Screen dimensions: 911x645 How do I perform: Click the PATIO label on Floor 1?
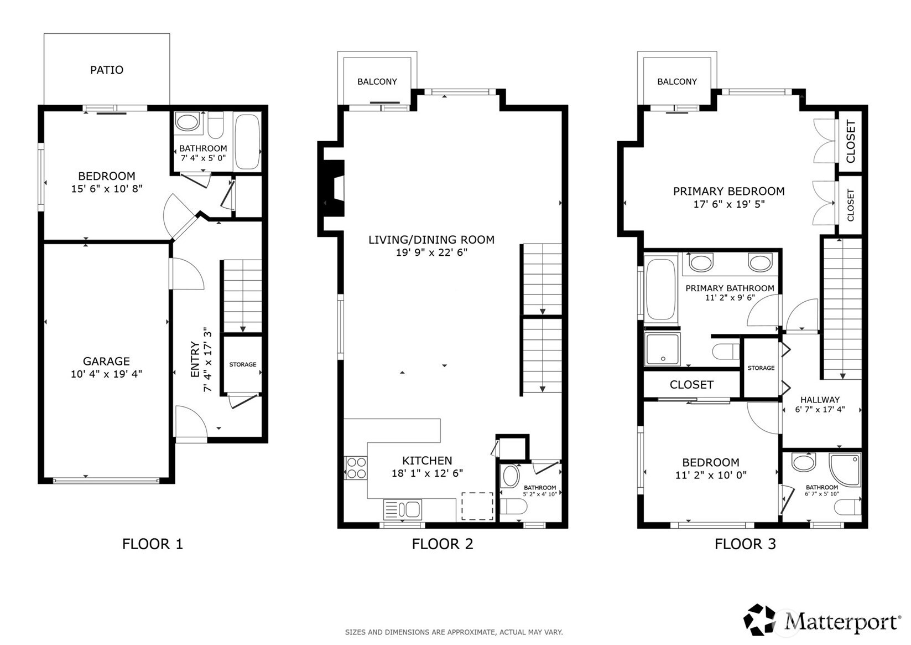[x=107, y=70]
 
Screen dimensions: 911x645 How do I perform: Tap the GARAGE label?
[x=107, y=361]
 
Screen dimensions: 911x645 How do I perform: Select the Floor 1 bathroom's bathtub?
[x=247, y=141]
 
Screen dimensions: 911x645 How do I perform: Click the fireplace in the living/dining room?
[x=334, y=188]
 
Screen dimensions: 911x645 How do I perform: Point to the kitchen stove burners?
[x=356, y=468]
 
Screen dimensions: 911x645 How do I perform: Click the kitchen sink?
[x=402, y=509]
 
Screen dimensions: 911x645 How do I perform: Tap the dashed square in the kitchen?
[x=477, y=506]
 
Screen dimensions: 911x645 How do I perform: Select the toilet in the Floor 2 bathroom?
[x=513, y=507]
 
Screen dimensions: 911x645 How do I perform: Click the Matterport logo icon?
[x=759, y=620]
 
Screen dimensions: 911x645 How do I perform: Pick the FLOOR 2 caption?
[x=443, y=544]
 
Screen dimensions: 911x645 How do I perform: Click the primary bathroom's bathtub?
[x=661, y=290]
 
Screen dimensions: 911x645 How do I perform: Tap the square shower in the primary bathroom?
[x=663, y=349]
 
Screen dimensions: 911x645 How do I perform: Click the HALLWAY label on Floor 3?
[x=820, y=400]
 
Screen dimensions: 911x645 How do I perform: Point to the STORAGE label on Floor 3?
[x=761, y=368]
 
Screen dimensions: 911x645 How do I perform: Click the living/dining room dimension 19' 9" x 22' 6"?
[x=431, y=252]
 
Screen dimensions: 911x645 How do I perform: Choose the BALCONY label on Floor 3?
[x=677, y=81]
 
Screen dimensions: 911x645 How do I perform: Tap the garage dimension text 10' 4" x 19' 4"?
[x=107, y=374]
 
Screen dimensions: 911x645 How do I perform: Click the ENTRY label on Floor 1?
[x=195, y=359]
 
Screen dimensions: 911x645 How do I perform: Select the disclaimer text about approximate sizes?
[x=454, y=632]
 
